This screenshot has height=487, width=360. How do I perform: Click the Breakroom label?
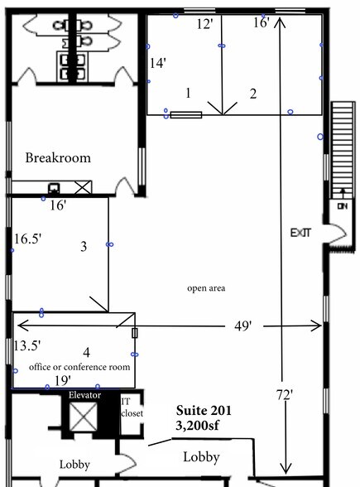tap(57, 157)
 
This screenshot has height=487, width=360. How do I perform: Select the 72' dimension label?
tap(286, 395)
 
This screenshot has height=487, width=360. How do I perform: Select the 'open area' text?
tap(206, 288)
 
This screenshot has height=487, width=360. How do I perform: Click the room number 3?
tap(84, 246)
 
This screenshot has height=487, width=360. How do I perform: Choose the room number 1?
tap(189, 93)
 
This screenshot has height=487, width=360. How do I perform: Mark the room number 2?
tap(253, 93)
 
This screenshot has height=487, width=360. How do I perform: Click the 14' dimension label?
tap(158, 63)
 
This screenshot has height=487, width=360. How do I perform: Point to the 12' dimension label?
tap(205, 24)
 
